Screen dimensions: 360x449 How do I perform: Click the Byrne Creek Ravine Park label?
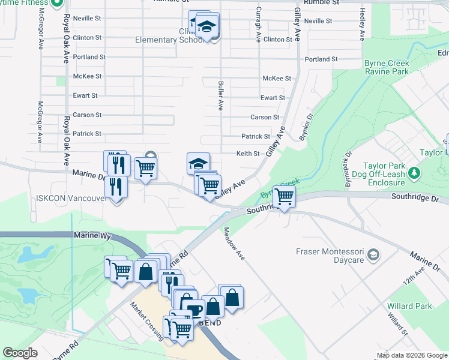tap(387, 67)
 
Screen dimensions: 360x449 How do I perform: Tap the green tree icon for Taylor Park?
tap(414, 173)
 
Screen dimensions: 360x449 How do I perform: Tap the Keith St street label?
tap(247, 154)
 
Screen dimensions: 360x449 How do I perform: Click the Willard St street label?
tap(397, 324)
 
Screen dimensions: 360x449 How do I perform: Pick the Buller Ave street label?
tap(221, 95)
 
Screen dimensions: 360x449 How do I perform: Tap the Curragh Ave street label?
tap(259, 24)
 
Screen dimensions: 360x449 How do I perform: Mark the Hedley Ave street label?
tap(363, 25)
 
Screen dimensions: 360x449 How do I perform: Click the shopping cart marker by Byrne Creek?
tap(284, 196)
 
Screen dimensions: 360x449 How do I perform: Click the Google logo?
tap(20, 353)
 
